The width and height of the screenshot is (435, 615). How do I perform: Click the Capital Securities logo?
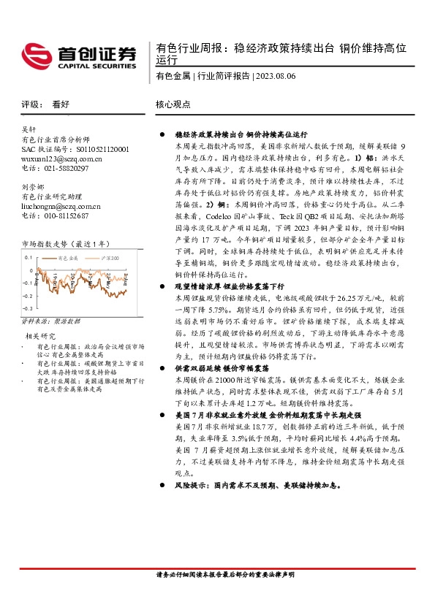point(80,55)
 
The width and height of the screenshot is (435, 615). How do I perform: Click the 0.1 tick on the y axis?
point(29,258)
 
